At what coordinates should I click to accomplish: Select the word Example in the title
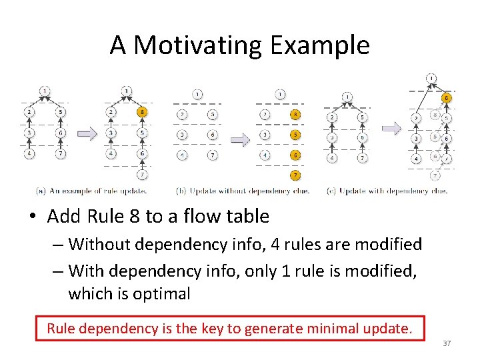click(320, 45)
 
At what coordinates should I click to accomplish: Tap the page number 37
click(447, 343)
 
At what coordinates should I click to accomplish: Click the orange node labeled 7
click(295, 175)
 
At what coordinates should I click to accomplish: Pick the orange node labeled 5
click(295, 134)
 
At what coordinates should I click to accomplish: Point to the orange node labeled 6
click(295, 155)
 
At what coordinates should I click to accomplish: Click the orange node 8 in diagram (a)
click(142, 113)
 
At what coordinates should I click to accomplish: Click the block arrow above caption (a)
click(87, 134)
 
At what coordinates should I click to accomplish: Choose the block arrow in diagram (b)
click(240, 140)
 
